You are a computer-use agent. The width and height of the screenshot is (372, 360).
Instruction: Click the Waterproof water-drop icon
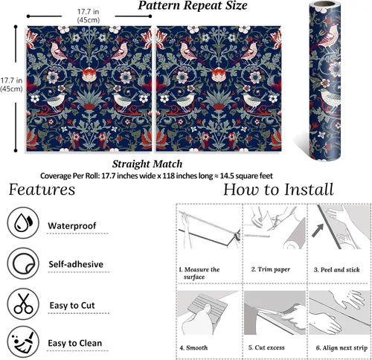pyautogui.click(x=23, y=222)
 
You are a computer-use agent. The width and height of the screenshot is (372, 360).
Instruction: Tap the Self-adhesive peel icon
pyautogui.click(x=23, y=263)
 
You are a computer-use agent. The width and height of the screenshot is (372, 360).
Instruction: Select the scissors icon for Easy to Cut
pyautogui.click(x=23, y=303)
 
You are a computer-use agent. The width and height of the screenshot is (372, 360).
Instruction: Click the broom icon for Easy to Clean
pyautogui.click(x=23, y=342)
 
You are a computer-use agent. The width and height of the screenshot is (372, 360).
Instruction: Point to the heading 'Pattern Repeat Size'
pyautogui.click(x=193, y=5)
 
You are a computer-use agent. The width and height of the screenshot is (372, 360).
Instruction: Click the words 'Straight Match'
pyautogui.click(x=147, y=164)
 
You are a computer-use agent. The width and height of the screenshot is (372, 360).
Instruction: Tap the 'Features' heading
pyautogui.click(x=42, y=190)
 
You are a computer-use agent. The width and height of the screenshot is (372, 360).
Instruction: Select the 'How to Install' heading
pyautogui.click(x=278, y=190)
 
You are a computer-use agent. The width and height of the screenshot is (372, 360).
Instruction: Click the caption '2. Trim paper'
pyautogui.click(x=271, y=269)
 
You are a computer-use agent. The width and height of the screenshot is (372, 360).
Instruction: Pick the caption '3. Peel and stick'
pyautogui.click(x=336, y=269)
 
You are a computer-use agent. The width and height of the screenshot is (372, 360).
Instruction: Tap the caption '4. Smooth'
pyautogui.click(x=193, y=347)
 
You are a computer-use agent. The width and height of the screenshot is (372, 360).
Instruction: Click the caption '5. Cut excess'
pyautogui.click(x=266, y=347)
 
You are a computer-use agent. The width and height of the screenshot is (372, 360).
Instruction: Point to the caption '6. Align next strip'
pyautogui.click(x=341, y=348)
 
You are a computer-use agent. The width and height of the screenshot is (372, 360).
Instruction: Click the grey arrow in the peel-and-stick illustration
pyautogui.click(x=318, y=230)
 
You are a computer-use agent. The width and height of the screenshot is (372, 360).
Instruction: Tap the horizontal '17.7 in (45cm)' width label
pyautogui.click(x=89, y=16)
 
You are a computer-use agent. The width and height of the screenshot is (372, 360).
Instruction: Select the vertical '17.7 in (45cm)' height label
pyautogui.click(x=11, y=85)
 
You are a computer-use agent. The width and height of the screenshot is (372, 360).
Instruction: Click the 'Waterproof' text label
pyautogui.click(x=72, y=225)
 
